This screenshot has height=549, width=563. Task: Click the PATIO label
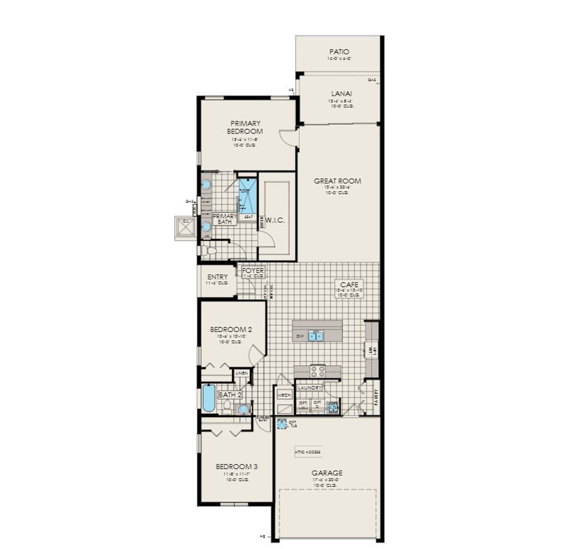(339, 52)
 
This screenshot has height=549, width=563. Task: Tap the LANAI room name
(341, 93)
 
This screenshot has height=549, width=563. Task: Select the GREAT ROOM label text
(337, 181)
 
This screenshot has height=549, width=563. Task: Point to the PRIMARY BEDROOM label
(245, 127)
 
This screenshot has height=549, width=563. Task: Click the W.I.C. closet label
(275, 220)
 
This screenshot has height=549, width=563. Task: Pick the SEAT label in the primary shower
(249, 217)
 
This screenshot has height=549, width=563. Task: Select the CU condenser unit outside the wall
(185, 227)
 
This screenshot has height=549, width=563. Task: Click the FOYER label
(253, 271)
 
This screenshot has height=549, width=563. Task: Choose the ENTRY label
(217, 277)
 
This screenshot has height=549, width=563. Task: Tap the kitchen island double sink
(316, 336)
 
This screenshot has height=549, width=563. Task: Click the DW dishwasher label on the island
(301, 336)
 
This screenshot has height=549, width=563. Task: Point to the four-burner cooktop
(318, 371)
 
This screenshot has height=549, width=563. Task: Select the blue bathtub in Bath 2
(209, 399)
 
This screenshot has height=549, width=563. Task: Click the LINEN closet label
(241, 373)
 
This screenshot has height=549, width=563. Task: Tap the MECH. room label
(284, 396)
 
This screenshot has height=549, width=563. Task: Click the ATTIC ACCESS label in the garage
(308, 452)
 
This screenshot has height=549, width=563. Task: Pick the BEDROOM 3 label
(237, 466)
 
